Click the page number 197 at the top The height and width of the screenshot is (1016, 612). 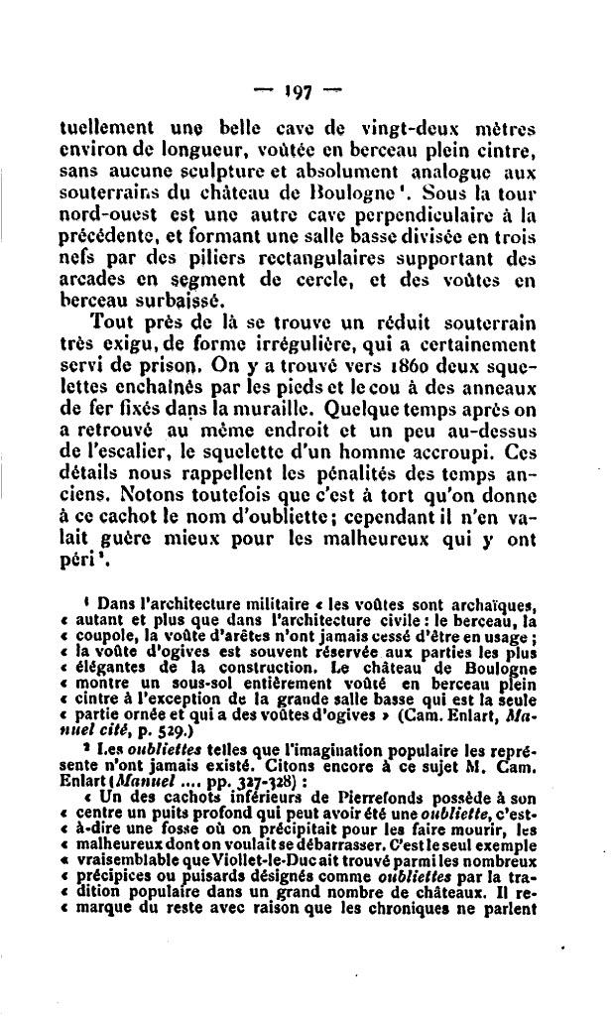pyautogui.click(x=297, y=92)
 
